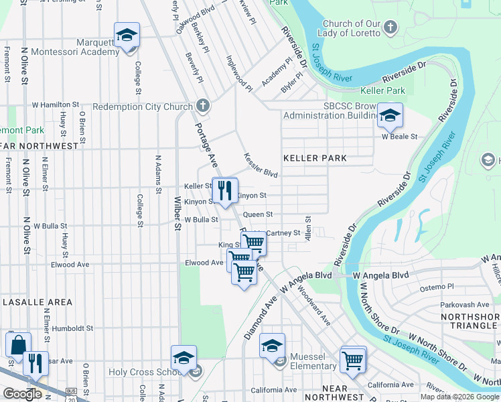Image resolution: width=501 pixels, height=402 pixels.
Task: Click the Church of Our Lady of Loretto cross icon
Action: pyautogui.click(x=392, y=28)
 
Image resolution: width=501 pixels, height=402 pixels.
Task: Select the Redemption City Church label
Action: pyautogui.click(x=143, y=107)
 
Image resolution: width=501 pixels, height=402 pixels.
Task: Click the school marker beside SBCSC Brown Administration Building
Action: pyautogui.click(x=389, y=116)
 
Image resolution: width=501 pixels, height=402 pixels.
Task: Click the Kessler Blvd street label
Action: pyautogui.click(x=260, y=163)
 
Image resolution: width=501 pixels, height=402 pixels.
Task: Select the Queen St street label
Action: pyautogui.click(x=257, y=214)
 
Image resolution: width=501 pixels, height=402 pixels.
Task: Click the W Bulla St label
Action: pyautogui.click(x=202, y=219)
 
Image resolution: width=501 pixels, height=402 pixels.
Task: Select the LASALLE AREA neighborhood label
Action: pyautogui.click(x=37, y=302)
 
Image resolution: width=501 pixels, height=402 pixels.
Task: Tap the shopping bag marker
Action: pyautogui.click(x=18, y=344)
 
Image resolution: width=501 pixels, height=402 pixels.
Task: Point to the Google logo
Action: pyautogui.click(x=22, y=394)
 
